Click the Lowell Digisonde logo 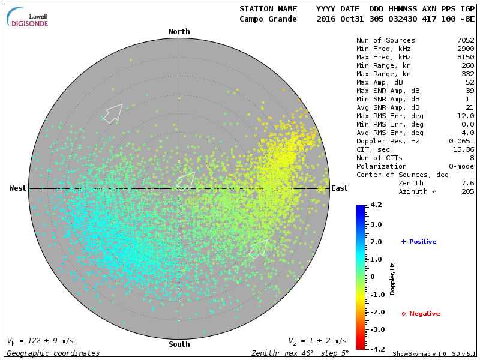pos(29,17)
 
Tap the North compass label pos(179,32)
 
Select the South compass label pos(179,344)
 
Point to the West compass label pos(18,188)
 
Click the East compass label pos(340,188)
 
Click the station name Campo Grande pos(268,19)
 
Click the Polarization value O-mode pos(459,166)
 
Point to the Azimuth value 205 pos(468,191)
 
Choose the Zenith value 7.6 pos(468,183)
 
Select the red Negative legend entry pos(421,314)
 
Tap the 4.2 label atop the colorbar pos(377,205)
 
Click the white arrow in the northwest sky pos(113,113)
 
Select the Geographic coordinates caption pos(53,353)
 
